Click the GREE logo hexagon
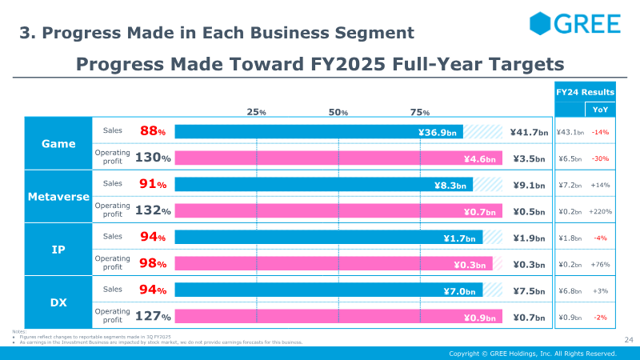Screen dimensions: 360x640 [x=541, y=23]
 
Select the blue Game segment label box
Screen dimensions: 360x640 [x=58, y=144]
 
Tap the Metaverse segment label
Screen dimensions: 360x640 [x=58, y=197]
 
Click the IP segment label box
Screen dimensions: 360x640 [x=58, y=250]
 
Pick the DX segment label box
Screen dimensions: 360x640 [x=58, y=302]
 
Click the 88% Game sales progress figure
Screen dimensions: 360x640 [x=153, y=131]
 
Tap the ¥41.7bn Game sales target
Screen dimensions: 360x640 [x=529, y=132]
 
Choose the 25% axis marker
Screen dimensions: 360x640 [x=257, y=112]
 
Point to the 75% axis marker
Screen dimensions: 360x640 [x=420, y=112]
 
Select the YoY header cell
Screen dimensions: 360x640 [x=599, y=110]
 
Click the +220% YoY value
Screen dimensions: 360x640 [x=601, y=212]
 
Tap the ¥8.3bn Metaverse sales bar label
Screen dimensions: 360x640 [x=450, y=185]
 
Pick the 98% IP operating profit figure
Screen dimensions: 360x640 [x=153, y=264]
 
